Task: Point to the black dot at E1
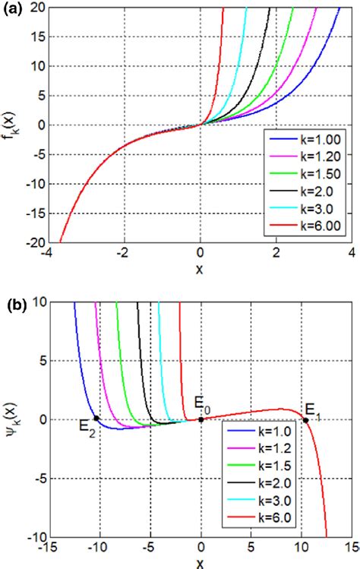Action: tap(306, 420)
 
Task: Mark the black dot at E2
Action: tap(96, 419)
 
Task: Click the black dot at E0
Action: tap(201, 419)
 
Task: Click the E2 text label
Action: tap(86, 428)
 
